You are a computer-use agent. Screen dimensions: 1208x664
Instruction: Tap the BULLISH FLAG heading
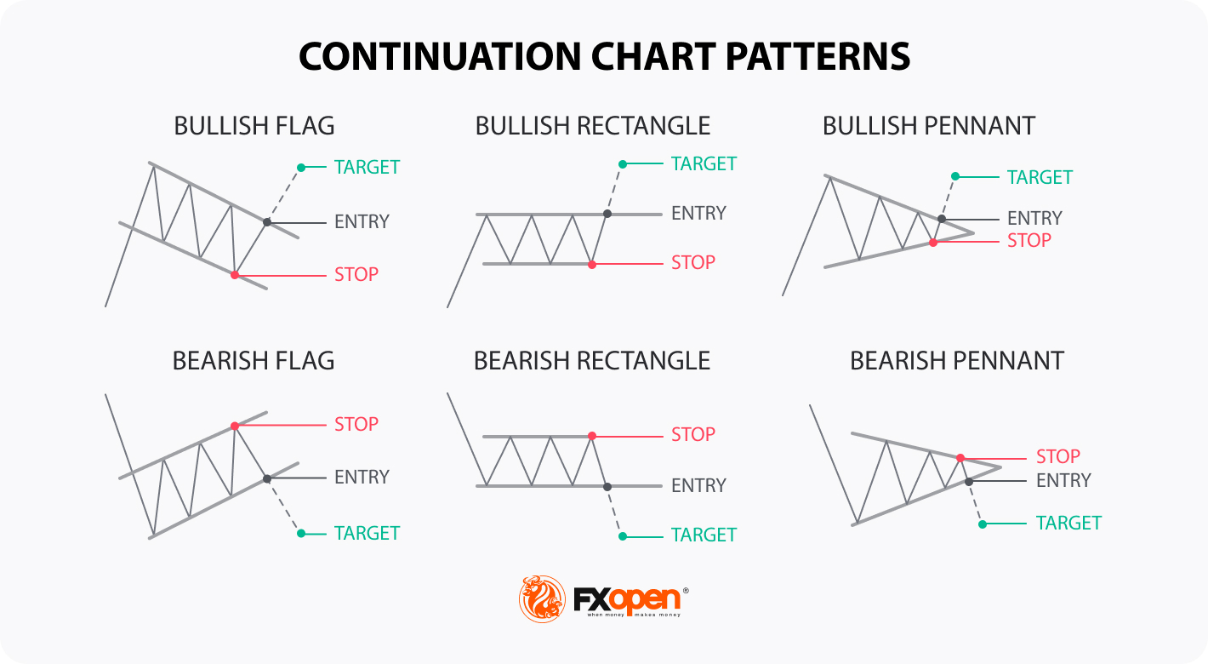pyautogui.click(x=254, y=126)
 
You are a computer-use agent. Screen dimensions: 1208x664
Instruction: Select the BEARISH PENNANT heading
pyautogui.click(x=957, y=361)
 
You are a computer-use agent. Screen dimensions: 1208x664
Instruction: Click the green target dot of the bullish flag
pyautogui.click(x=301, y=168)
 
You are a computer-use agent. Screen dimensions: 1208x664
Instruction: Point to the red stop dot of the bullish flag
pyautogui.click(x=235, y=275)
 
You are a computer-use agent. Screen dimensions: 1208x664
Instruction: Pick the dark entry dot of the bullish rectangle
pyautogui.click(x=607, y=214)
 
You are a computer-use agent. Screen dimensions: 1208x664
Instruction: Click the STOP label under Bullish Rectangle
pyautogui.click(x=693, y=263)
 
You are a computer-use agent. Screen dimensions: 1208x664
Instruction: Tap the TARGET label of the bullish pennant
pyautogui.click(x=1040, y=177)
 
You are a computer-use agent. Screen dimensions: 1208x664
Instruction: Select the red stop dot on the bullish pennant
pyautogui.click(x=933, y=243)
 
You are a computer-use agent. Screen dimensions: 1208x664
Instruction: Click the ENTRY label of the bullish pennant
pyautogui.click(x=1034, y=218)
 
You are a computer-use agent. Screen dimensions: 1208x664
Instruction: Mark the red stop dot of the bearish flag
pyautogui.click(x=235, y=426)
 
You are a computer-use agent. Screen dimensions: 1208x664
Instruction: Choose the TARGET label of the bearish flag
pyautogui.click(x=367, y=534)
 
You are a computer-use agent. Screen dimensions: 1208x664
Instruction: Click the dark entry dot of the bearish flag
pyautogui.click(x=267, y=478)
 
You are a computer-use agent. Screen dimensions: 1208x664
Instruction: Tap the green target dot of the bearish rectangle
pyautogui.click(x=623, y=536)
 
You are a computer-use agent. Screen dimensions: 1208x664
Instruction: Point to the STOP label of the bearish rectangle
pyautogui.click(x=693, y=434)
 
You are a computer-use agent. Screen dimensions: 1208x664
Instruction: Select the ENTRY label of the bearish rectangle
pyautogui.click(x=698, y=485)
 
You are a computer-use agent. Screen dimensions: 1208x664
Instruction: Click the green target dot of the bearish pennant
pyautogui.click(x=983, y=524)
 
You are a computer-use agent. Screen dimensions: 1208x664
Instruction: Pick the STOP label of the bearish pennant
pyautogui.click(x=1058, y=456)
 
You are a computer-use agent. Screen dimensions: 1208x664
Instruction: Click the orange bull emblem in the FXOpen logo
pyautogui.click(x=542, y=598)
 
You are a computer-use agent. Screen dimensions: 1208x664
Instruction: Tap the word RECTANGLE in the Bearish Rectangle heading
pyautogui.click(x=643, y=361)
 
